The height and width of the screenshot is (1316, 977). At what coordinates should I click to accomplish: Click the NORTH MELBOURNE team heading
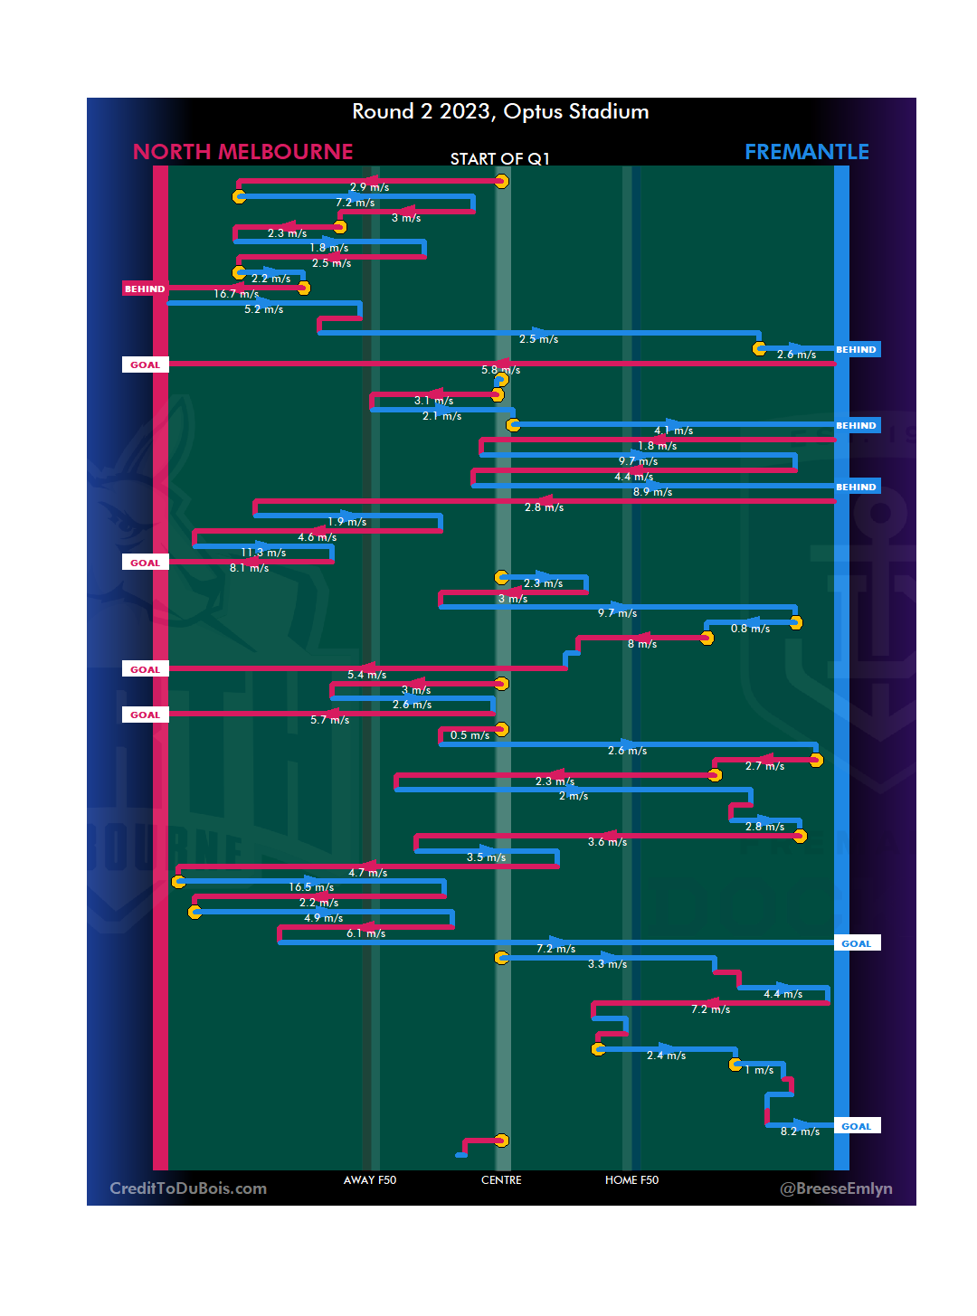pyautogui.click(x=242, y=152)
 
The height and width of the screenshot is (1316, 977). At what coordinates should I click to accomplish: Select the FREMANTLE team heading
pyautogui.click(x=806, y=152)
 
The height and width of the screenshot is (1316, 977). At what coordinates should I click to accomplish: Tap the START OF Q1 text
pyautogui.click(x=499, y=159)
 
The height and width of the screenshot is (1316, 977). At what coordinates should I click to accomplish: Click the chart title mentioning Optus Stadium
pyautogui.click(x=500, y=112)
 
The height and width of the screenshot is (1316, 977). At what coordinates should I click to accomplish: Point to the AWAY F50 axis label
pyautogui.click(x=369, y=1180)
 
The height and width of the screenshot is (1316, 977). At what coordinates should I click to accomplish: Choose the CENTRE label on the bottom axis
pyautogui.click(x=501, y=1180)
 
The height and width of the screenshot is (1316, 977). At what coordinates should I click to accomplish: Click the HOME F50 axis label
pyautogui.click(x=631, y=1180)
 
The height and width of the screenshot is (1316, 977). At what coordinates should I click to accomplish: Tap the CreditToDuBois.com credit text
pyautogui.click(x=188, y=1188)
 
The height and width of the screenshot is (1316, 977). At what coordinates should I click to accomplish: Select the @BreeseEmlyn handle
pyautogui.click(x=836, y=1188)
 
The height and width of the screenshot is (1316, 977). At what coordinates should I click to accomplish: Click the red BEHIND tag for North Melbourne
pyautogui.click(x=145, y=289)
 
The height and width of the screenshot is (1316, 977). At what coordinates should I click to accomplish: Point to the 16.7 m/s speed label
pyautogui.click(x=236, y=294)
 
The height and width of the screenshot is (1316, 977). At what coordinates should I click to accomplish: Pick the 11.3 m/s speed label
pyautogui.click(x=263, y=553)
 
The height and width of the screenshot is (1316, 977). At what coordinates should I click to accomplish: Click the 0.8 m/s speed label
pyautogui.click(x=750, y=629)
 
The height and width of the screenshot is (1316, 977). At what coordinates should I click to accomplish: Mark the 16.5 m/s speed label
pyautogui.click(x=311, y=887)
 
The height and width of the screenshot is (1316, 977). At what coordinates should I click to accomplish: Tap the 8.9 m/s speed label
pyautogui.click(x=652, y=492)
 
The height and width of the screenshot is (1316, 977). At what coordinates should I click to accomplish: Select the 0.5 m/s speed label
pyautogui.click(x=470, y=735)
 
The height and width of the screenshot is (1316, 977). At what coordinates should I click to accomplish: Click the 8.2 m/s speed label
pyautogui.click(x=800, y=1131)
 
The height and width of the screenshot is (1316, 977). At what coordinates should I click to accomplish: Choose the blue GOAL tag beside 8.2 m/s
pyautogui.click(x=856, y=1126)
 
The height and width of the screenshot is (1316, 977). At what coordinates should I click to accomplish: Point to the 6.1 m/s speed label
pyautogui.click(x=365, y=933)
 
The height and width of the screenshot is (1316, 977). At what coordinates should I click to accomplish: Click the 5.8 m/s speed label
pyautogui.click(x=500, y=370)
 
